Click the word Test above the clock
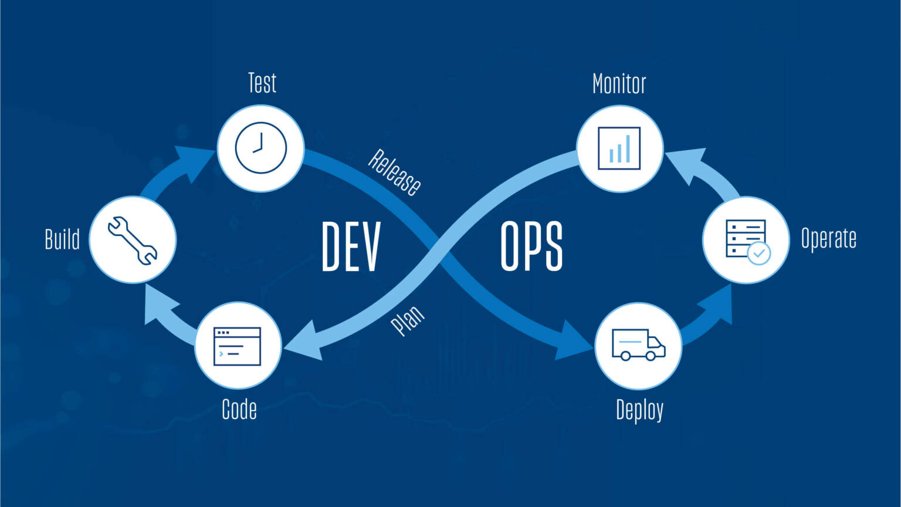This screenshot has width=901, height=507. click(x=262, y=83)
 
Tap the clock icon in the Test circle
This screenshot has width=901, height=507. click(x=261, y=148)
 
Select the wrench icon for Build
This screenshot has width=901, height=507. click(x=133, y=240)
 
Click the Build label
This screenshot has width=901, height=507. click(x=62, y=239)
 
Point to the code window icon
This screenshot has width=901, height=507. click(x=237, y=346)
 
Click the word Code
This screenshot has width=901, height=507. click(x=239, y=409)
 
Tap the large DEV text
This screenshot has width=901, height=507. click(x=351, y=246)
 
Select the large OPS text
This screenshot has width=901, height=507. click(x=531, y=246)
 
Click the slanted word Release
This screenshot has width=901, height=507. click(x=395, y=172)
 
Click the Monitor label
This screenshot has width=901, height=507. click(x=619, y=84)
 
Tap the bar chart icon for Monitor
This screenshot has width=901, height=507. click(x=619, y=148)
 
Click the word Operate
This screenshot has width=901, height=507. click(x=828, y=239)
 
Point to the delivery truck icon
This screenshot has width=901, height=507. click(x=638, y=344)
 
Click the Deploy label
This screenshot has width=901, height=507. click(x=639, y=410)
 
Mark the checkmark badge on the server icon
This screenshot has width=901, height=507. click(x=759, y=253)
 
